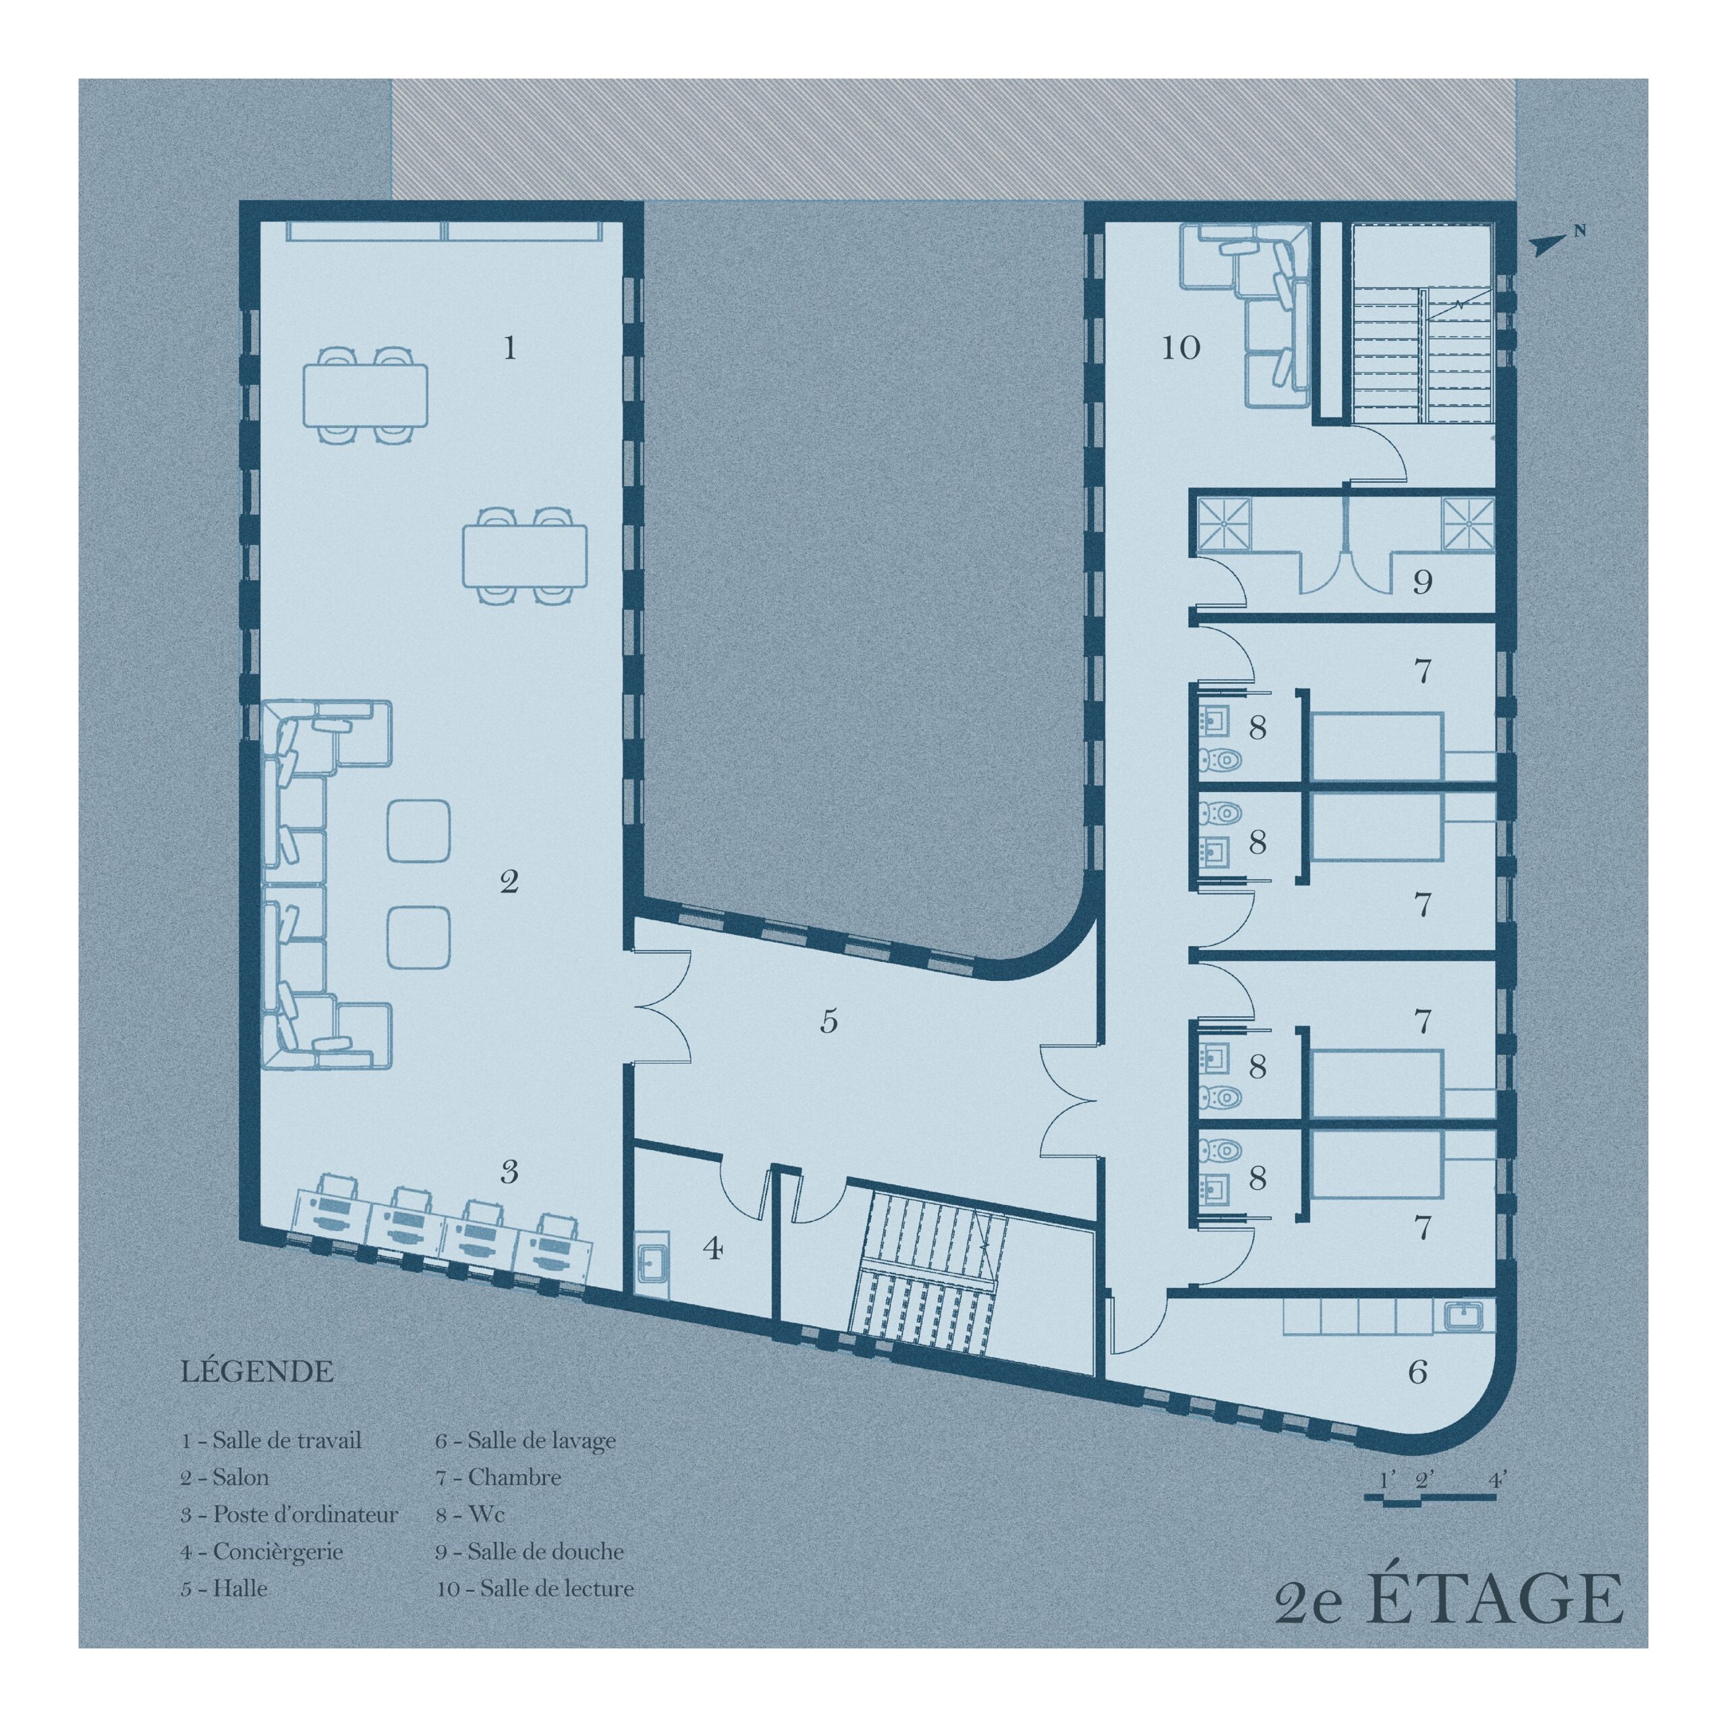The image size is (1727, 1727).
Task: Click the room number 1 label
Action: (x=509, y=347)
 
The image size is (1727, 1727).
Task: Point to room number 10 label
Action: (x=1180, y=347)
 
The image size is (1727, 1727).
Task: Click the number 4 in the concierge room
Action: (x=712, y=1248)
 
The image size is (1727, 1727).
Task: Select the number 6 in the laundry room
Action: (x=1418, y=1372)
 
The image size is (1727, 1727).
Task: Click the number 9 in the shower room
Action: (x=1422, y=583)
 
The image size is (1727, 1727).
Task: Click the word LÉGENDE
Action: (x=258, y=1371)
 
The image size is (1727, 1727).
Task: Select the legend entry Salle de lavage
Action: (x=526, y=1441)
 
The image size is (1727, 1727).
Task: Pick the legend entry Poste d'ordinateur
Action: (x=289, y=1514)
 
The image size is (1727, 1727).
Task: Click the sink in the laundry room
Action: (x=1463, y=1317)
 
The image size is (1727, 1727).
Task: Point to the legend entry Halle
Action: (x=225, y=1589)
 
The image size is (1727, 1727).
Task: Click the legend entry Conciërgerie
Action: (x=262, y=1552)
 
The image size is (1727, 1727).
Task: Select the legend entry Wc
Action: (x=470, y=1514)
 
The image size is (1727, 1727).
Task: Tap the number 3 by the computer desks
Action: (x=509, y=1172)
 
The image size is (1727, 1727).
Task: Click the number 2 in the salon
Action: (x=509, y=883)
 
